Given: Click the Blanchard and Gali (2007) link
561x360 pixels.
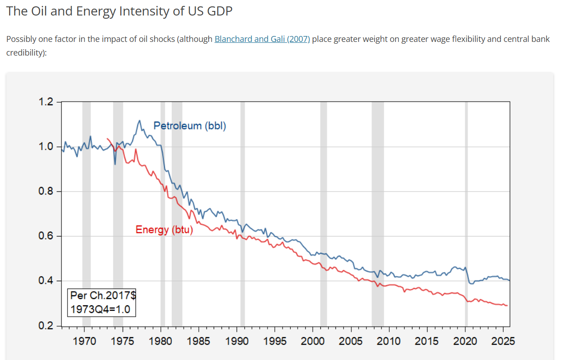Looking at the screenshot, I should click(262, 39).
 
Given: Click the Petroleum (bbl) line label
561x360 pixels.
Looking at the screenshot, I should click(190, 126).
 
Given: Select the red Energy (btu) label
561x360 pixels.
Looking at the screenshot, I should click(164, 230).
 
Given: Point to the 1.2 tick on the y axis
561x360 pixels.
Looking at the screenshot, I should click(47, 102).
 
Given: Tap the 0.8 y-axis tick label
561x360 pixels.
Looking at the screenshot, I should click(47, 191).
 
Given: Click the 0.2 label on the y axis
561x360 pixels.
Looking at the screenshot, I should click(47, 326).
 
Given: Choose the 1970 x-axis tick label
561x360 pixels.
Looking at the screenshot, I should click(85, 341).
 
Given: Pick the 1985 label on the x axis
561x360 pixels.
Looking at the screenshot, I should click(199, 341).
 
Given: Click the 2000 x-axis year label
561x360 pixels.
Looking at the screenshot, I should click(313, 341).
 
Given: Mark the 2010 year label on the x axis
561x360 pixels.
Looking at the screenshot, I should click(389, 341).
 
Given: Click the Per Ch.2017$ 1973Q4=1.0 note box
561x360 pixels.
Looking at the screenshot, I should click(102, 302).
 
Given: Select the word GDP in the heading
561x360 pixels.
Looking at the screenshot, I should click(219, 11).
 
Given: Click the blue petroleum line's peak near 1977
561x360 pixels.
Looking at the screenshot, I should click(139, 121).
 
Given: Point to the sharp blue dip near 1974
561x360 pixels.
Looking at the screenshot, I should click(115, 164).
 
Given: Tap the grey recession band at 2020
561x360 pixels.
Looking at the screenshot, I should click(466, 214).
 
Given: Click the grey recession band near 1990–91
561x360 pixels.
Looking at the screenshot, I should click(242, 214).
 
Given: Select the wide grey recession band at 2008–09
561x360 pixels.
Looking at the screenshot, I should click(378, 214).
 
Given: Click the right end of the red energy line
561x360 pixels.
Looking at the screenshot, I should click(507, 305).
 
